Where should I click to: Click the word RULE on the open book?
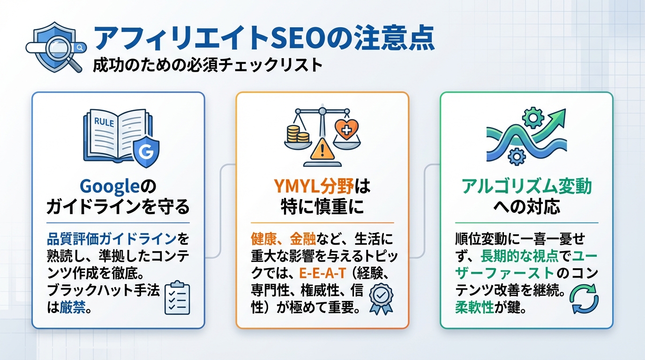104,122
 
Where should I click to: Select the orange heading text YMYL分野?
307,187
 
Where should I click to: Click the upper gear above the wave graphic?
532,117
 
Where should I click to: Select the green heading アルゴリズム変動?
526,187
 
